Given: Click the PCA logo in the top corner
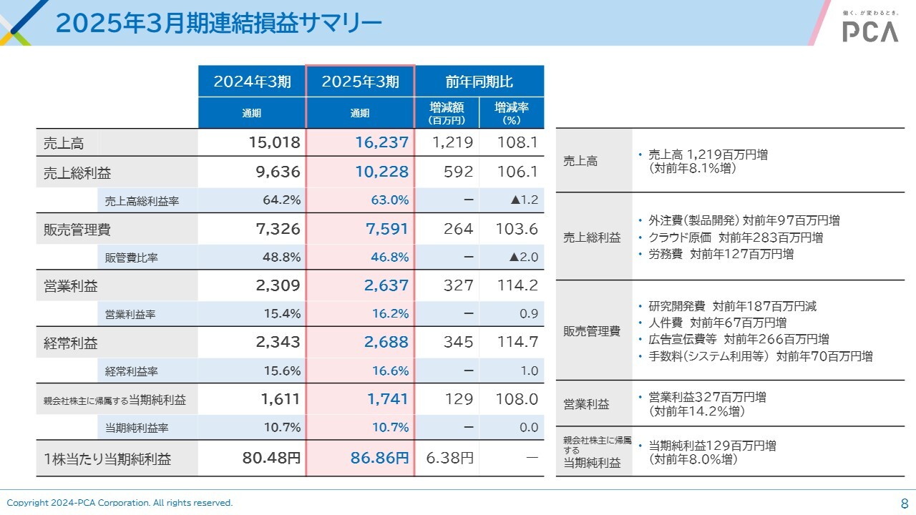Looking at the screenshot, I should point(869,31).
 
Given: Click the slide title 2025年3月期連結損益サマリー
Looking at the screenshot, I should point(218,23).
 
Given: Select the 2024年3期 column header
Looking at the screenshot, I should point(252,82).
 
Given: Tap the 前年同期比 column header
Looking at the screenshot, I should point(479,82).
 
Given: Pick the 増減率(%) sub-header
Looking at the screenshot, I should point(512,113).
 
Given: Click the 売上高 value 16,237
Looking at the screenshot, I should point(382,143).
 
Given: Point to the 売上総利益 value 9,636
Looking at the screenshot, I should point(274,172).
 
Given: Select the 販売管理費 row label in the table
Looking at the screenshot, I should point(77,230).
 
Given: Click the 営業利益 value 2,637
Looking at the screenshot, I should point(386,285).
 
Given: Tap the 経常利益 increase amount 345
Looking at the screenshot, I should point(458,343).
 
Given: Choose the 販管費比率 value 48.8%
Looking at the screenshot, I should point(282,257).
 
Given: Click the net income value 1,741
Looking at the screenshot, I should point(388,400).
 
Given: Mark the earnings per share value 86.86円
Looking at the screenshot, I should point(380,458).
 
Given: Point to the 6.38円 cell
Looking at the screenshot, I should point(450,458).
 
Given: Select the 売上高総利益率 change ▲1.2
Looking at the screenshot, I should point(524,200).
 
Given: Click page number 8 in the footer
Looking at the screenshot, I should point(904,503).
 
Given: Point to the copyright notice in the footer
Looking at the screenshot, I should point(120,503).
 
